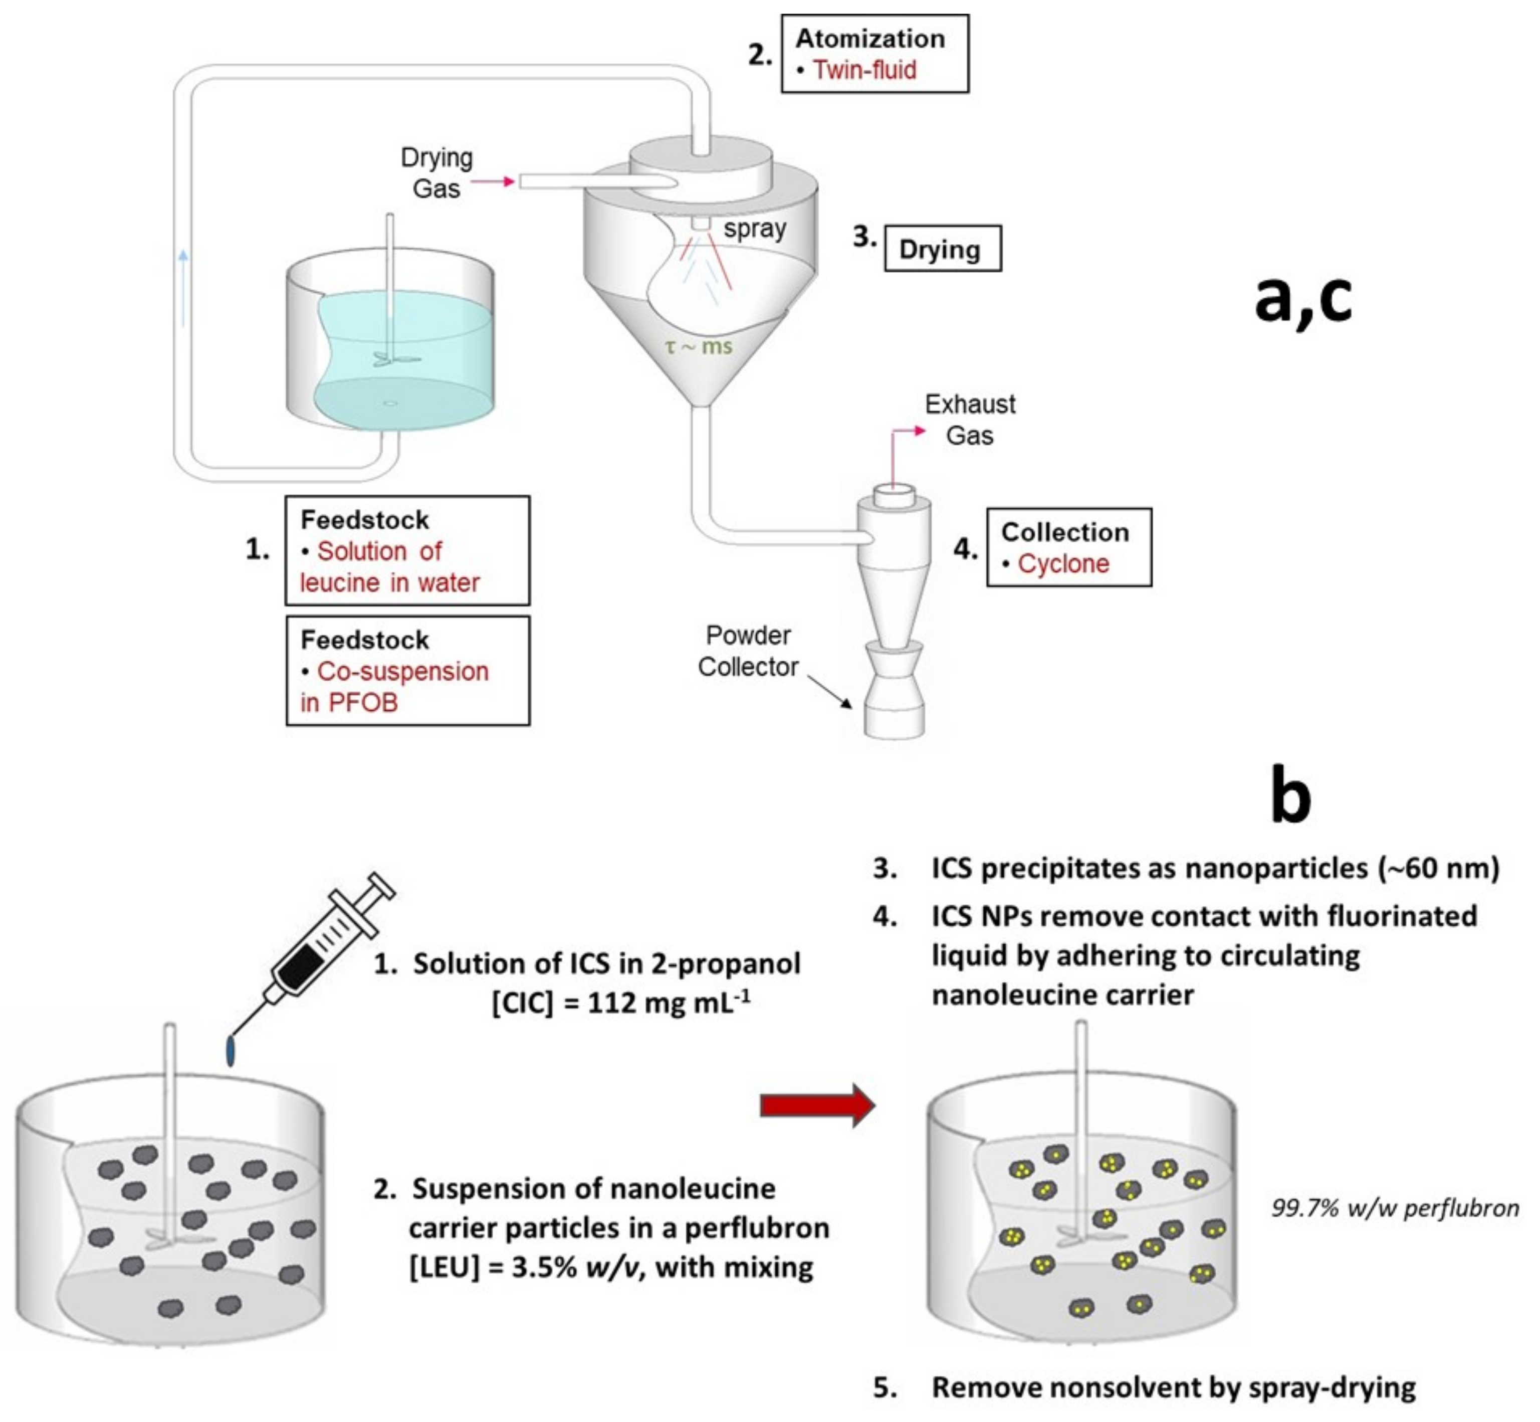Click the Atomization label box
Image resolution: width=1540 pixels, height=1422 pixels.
coord(874,54)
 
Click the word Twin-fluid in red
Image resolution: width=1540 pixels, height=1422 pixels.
coord(864,70)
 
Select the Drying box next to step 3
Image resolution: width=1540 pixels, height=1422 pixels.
coord(942,249)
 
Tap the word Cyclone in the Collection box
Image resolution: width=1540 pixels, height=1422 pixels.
coord(1063,564)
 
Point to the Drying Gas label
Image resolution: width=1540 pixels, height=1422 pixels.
coord(436,173)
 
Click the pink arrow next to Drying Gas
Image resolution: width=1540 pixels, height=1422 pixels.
coord(492,181)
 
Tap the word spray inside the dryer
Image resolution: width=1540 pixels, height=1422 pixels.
coord(755,229)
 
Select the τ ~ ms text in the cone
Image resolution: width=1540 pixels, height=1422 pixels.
coord(699,347)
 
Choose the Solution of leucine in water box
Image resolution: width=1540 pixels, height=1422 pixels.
coord(408,551)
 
